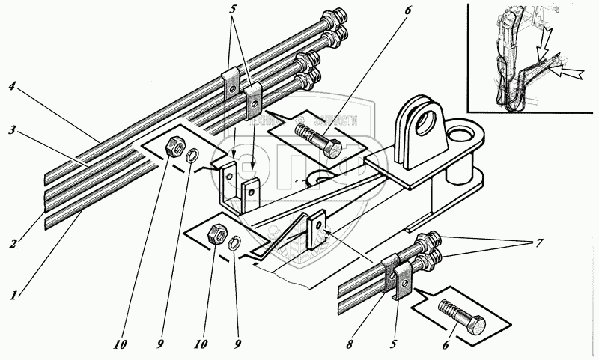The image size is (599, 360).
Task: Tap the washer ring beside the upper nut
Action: [193, 156]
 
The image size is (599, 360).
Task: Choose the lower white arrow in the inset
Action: [571, 73]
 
